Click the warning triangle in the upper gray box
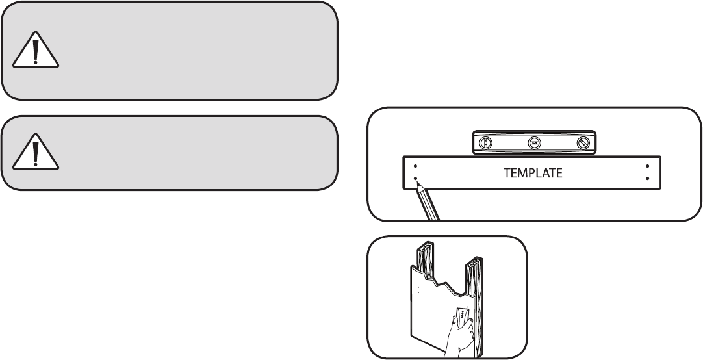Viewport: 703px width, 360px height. (36, 50)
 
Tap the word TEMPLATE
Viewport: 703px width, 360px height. (533, 174)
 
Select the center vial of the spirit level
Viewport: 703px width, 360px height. (533, 144)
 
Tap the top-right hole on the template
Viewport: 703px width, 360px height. (648, 166)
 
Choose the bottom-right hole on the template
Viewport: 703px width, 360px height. (648, 179)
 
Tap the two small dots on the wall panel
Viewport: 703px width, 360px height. (419, 289)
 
